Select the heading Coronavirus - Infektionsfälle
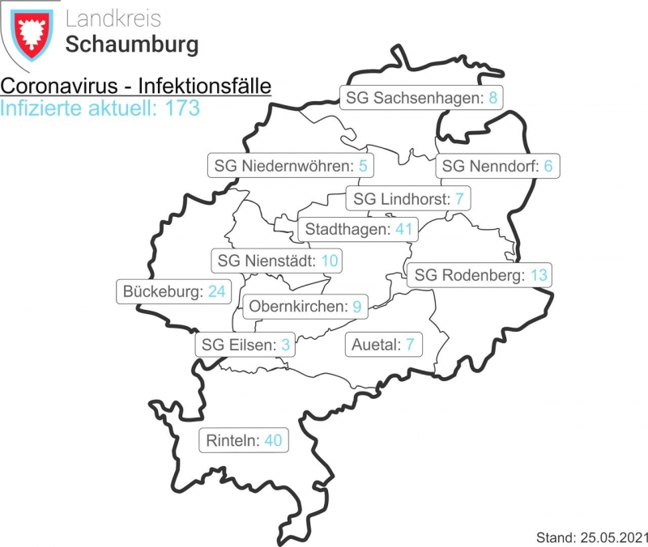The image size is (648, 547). [135, 87]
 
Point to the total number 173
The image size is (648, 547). [182, 108]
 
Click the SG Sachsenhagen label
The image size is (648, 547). [420, 99]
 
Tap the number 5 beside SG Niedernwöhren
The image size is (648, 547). [363, 167]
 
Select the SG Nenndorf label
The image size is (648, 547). [497, 167]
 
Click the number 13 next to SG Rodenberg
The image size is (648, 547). [539, 276]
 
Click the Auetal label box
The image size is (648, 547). [383, 345]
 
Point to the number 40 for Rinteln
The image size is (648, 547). [273, 441]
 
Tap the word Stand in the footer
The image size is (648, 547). [554, 536]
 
